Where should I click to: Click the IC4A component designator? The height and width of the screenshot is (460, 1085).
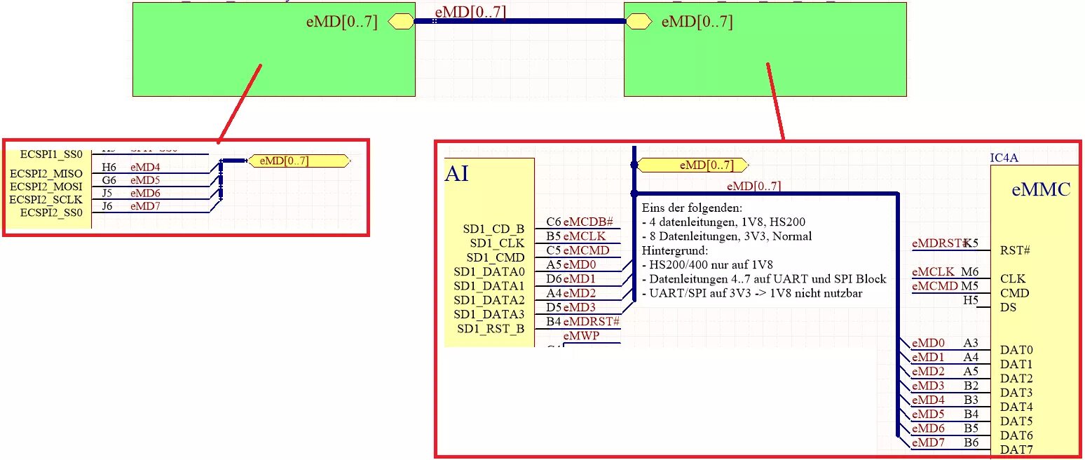click(1003, 158)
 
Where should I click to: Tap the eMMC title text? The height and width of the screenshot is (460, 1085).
click(1042, 189)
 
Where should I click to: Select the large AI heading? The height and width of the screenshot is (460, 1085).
click(456, 172)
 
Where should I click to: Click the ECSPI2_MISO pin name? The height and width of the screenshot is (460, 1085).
click(46, 174)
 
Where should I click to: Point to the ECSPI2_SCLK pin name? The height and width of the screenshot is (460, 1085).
click(46, 200)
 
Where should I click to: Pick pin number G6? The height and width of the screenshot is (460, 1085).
click(109, 180)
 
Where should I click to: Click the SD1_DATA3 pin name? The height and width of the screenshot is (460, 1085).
click(489, 314)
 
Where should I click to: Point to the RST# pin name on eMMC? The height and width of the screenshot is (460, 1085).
click(1014, 250)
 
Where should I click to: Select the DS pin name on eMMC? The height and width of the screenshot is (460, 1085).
click(1007, 307)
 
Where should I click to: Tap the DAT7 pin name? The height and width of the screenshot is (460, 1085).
click(1016, 449)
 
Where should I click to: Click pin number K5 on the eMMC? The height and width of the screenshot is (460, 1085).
click(971, 243)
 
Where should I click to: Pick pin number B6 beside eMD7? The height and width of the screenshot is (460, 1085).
click(971, 442)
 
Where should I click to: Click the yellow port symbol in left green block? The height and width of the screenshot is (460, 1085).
click(401, 22)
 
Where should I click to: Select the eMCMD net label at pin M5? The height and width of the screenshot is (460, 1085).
click(934, 285)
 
